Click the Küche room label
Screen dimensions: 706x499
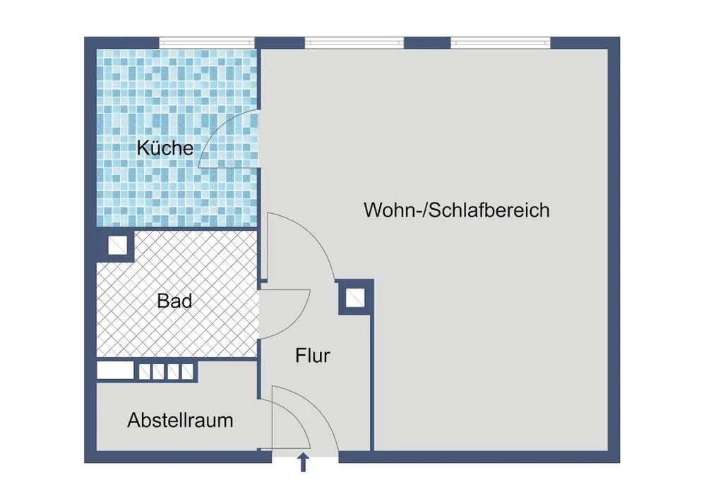164,148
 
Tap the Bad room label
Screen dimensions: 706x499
174,301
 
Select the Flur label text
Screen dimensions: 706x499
313,356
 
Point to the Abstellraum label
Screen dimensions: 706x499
180,420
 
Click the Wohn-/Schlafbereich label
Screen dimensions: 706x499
457,210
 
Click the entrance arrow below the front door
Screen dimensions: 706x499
304,462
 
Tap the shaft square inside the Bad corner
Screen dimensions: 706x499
117,246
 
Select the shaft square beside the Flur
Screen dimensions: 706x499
355,297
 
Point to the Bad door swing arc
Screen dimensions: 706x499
300,321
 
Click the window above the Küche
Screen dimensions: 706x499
207,43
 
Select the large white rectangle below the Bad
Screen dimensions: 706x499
115,371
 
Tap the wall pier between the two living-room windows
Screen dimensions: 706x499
427,43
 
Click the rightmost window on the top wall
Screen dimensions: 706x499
501,43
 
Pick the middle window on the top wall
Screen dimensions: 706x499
354,43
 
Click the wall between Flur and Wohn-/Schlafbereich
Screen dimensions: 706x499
372,383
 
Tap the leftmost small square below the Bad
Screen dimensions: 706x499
145,372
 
